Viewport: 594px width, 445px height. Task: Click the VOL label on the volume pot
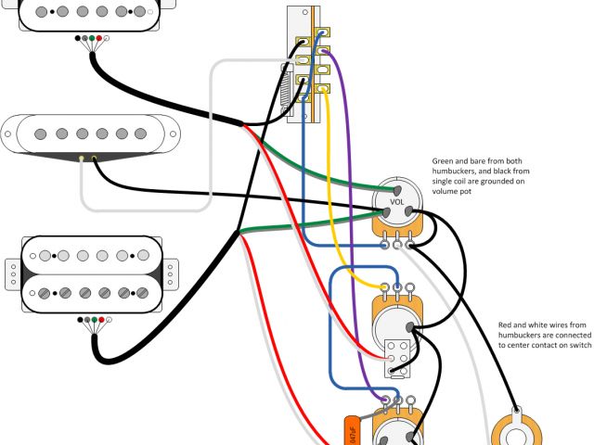click(x=396, y=201)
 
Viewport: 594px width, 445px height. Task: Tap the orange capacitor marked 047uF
click(x=351, y=429)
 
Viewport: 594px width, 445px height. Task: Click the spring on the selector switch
click(x=287, y=94)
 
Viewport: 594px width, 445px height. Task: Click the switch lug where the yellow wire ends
click(x=322, y=90)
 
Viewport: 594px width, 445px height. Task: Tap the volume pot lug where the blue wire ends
click(x=385, y=245)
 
